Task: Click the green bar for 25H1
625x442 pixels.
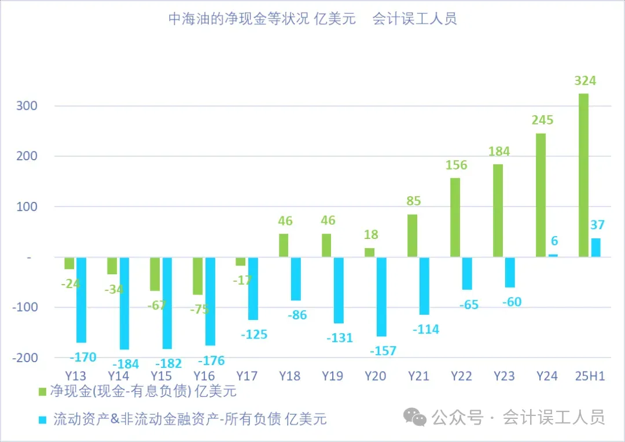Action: point(583,175)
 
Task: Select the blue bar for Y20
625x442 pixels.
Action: point(381,296)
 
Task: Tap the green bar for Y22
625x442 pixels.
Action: point(455,217)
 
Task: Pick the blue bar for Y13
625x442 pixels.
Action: point(81,300)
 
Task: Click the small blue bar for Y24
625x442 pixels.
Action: point(553,255)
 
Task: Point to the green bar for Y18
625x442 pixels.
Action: point(284,245)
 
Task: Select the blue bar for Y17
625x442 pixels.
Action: point(253,288)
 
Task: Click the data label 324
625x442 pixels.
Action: point(584,80)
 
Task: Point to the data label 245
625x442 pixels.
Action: point(542,120)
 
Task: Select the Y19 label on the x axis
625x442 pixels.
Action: point(332,376)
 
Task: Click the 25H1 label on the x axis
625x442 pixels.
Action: point(590,376)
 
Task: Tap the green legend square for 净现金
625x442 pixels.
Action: point(42,392)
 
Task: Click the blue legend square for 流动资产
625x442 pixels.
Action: point(42,418)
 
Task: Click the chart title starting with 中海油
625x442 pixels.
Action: point(312,19)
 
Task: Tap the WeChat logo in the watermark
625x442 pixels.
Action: point(415,416)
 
